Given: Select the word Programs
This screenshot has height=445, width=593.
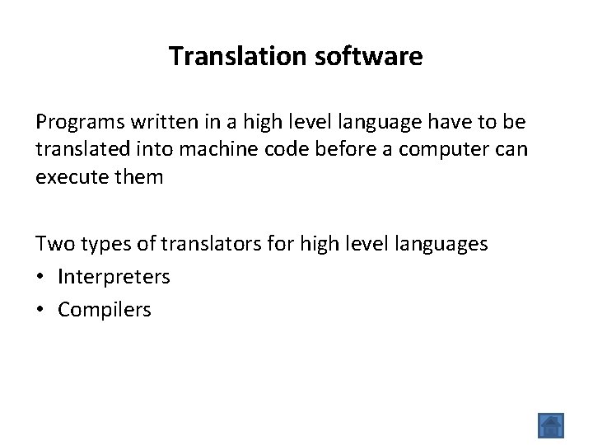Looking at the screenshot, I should click(x=77, y=123).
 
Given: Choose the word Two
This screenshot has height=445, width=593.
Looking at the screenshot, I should click(x=51, y=244).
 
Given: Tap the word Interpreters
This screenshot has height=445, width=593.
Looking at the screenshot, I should click(x=114, y=277).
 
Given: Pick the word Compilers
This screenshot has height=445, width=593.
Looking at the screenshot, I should click(x=105, y=310).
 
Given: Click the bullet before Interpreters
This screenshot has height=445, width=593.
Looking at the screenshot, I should click(x=40, y=277).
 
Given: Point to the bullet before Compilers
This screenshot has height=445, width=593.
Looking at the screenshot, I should click(x=40, y=310).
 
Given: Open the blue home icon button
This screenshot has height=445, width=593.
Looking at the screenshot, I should click(x=551, y=425).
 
